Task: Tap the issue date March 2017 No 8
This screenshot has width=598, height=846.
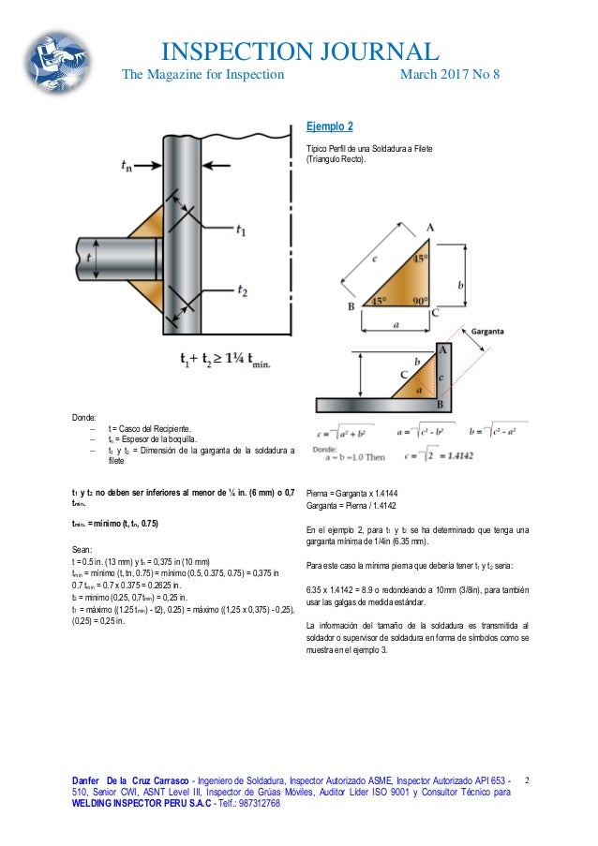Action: point(450,75)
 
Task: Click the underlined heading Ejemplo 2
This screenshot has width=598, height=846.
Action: point(330,126)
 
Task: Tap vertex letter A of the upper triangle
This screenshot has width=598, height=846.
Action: point(429,228)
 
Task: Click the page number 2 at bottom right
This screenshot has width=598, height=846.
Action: point(527,779)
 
